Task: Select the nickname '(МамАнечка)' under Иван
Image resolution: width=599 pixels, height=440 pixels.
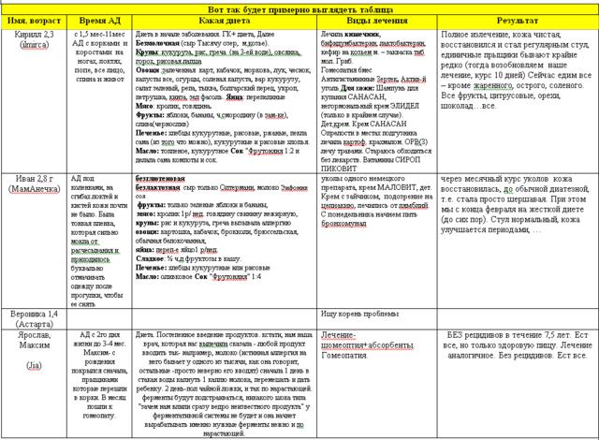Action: (32, 189)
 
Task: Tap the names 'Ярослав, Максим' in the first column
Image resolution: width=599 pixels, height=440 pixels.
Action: (33, 343)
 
